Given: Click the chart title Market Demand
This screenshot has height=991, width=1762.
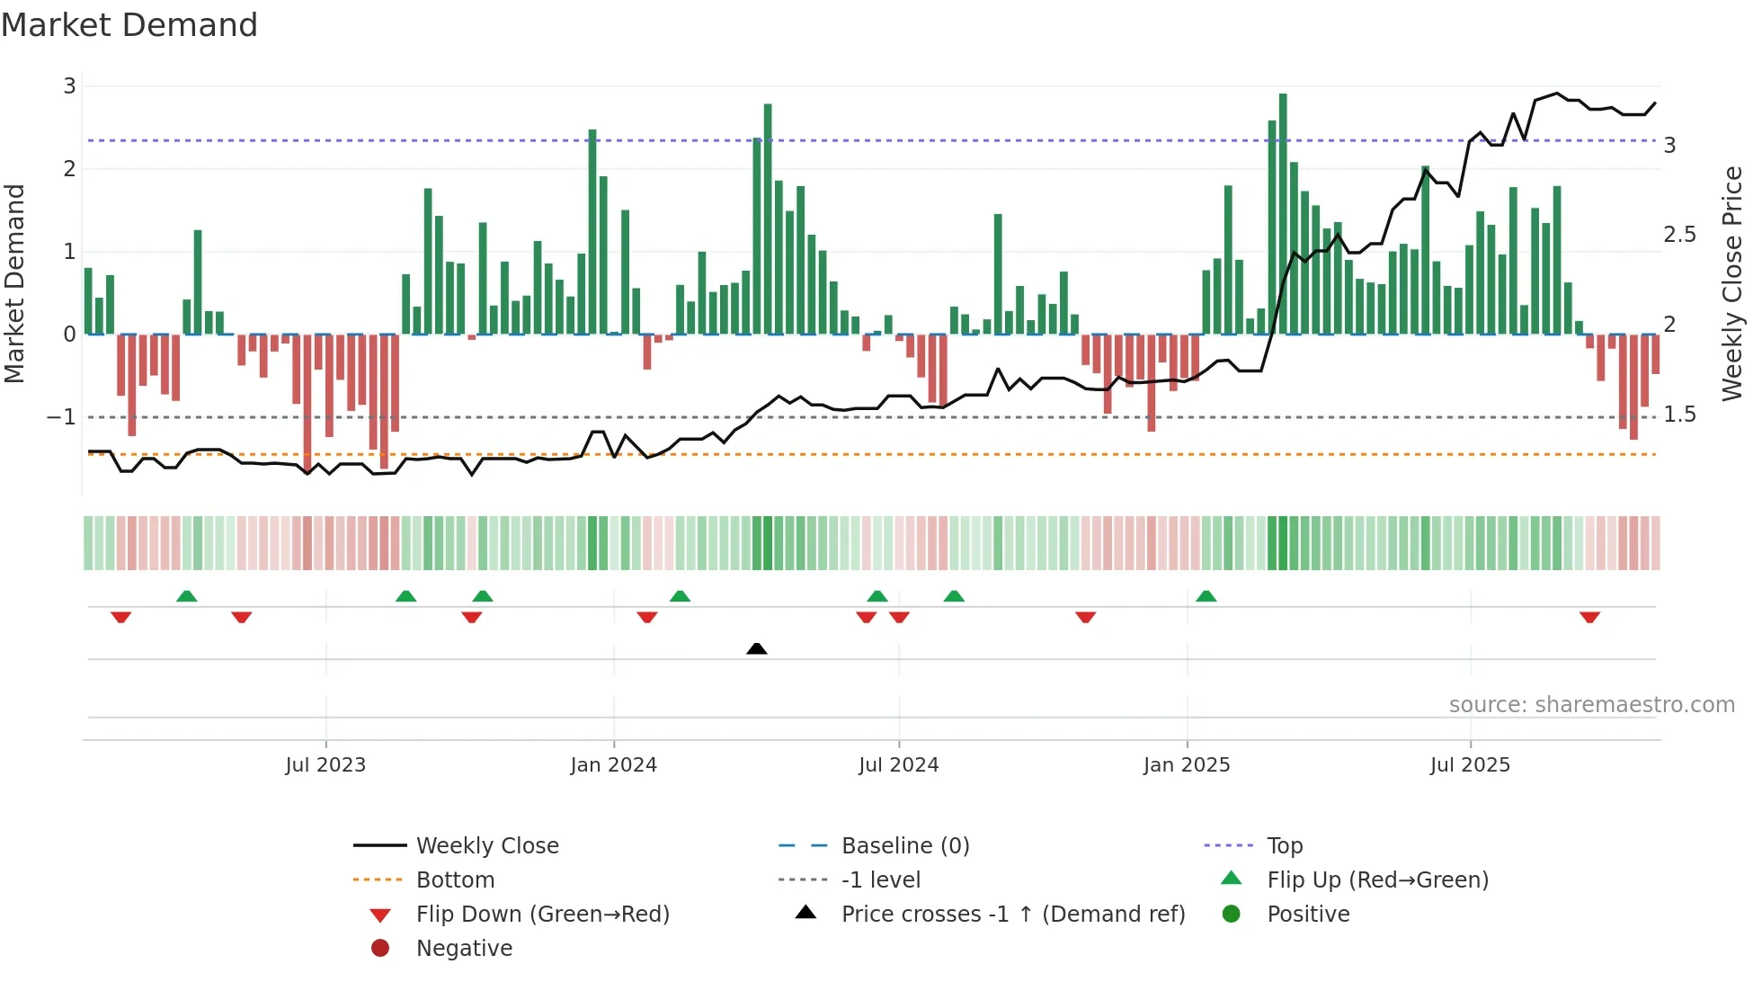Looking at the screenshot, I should [129, 24].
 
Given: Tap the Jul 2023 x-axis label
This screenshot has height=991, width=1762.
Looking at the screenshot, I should [325, 765].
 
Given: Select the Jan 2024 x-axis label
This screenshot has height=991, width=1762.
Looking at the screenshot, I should [614, 765].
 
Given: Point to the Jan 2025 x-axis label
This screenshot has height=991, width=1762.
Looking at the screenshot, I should [1187, 765].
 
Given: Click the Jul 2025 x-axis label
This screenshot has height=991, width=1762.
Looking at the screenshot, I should [1470, 765].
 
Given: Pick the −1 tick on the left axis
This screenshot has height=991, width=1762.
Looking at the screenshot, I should [61, 417].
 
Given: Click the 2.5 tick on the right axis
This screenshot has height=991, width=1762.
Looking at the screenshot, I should [1679, 235].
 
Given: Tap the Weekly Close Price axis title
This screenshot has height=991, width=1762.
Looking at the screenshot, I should [1731, 283].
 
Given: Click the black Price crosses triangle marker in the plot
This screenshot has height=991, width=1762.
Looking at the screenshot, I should [757, 648].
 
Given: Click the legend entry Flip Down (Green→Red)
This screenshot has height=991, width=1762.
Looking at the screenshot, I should [542, 915].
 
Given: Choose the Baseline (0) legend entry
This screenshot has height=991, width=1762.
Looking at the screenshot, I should [904, 846].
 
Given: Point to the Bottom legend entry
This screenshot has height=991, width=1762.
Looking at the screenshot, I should [455, 880].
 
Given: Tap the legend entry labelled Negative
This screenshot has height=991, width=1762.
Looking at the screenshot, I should [464, 949].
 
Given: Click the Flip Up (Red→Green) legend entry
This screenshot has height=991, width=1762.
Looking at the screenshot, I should [1377, 880].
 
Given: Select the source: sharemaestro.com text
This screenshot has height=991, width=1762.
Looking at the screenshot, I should [1591, 705].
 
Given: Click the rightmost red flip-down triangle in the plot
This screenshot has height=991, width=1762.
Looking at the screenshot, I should [1589, 618].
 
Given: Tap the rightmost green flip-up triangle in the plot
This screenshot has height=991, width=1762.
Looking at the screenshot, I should [1206, 596].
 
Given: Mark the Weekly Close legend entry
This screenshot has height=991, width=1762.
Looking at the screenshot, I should [487, 846].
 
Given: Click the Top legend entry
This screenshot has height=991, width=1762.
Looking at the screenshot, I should [1284, 846].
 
